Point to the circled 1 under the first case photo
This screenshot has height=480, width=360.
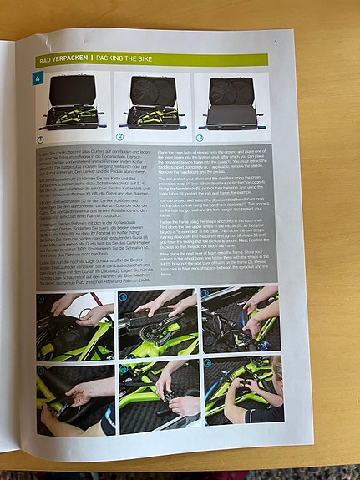click(41, 136)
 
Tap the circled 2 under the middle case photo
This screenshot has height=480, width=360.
click(119, 136)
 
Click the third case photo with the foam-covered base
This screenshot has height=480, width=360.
click(233, 104)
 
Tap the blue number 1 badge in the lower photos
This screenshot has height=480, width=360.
click(41, 297)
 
